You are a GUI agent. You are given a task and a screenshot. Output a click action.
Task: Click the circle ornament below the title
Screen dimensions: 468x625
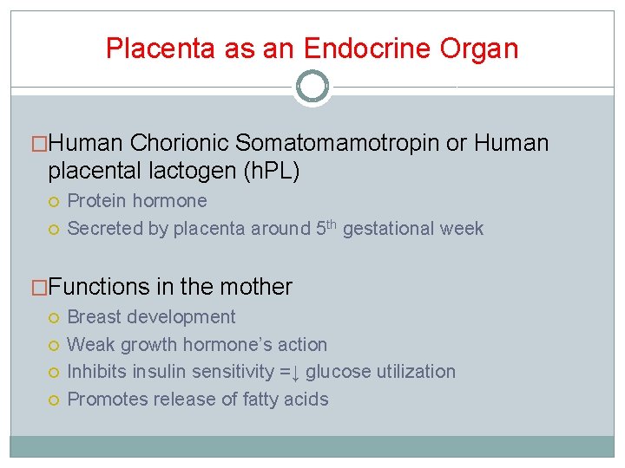[312, 87]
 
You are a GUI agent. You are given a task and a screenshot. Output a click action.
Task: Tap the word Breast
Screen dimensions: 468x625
[92, 317]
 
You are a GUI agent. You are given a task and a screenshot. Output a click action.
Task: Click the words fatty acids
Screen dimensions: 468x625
[286, 400]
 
